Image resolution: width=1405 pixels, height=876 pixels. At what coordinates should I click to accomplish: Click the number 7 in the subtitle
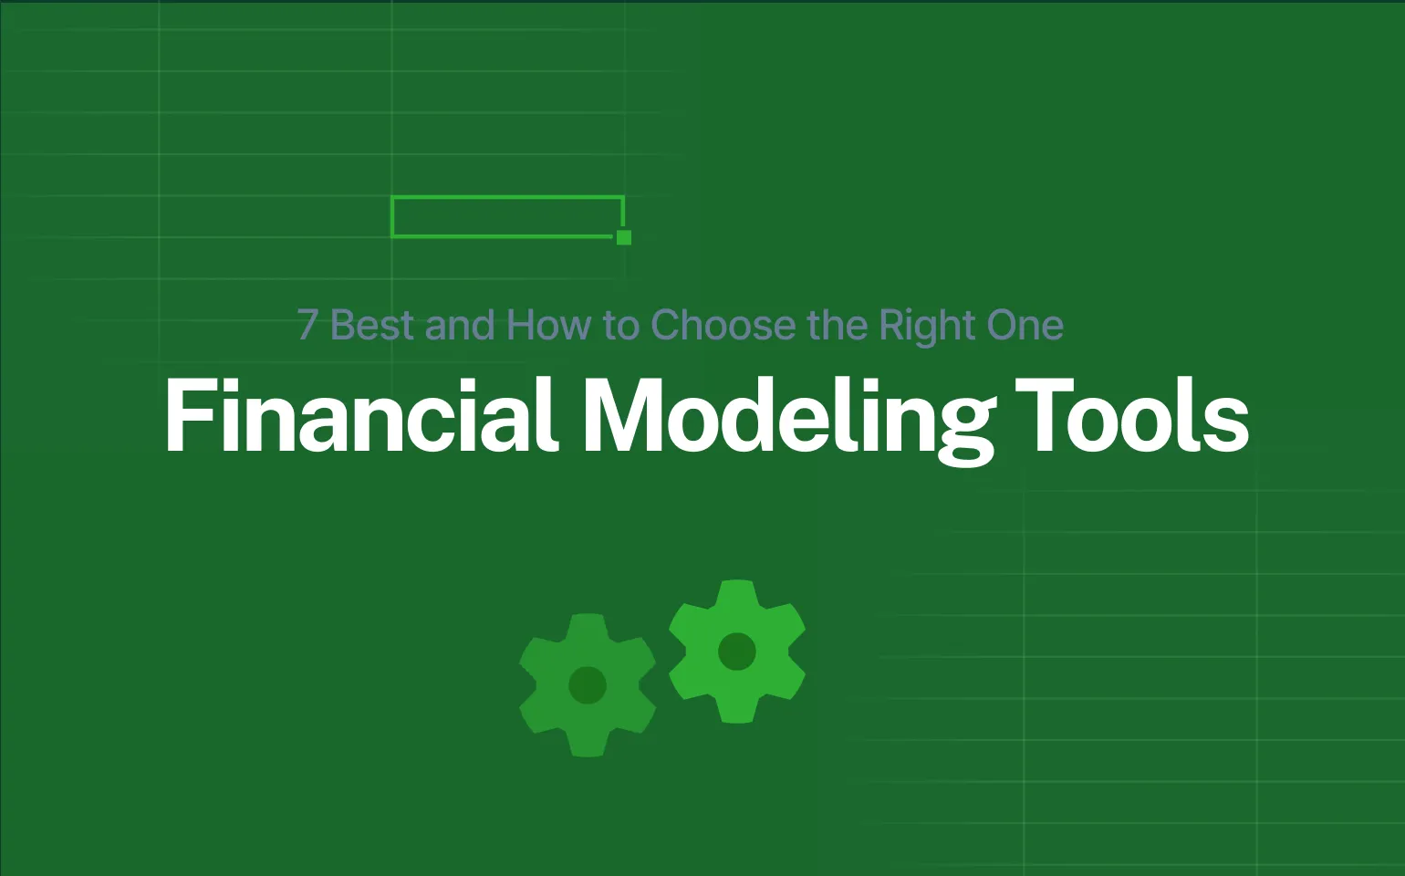(x=307, y=326)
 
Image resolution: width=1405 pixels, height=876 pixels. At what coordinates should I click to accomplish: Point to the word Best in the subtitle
(x=371, y=326)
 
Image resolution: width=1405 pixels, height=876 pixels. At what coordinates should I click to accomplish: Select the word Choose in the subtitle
(x=722, y=326)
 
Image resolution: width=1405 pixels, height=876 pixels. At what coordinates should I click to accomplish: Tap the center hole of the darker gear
(x=588, y=684)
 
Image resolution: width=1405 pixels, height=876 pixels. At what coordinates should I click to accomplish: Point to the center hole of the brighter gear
(x=737, y=652)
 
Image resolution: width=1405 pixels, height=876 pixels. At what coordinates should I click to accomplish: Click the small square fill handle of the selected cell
(x=624, y=237)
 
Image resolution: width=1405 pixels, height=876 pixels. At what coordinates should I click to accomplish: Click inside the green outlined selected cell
(x=506, y=217)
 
